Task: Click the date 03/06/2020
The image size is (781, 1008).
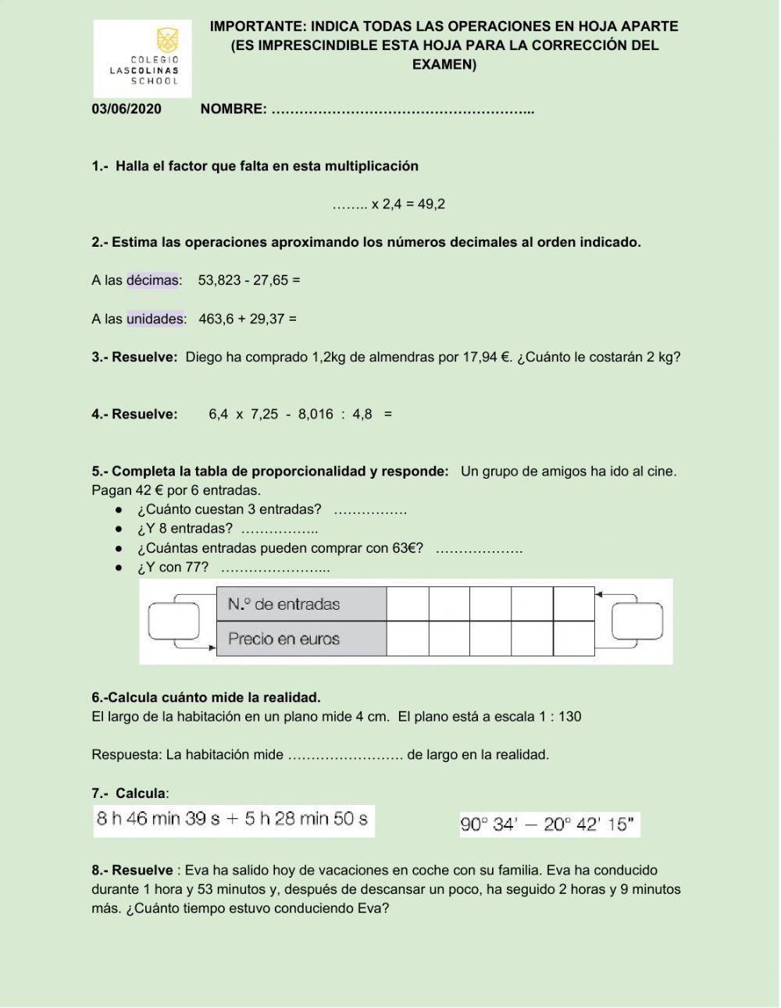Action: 127,109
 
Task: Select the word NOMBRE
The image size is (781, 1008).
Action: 233,109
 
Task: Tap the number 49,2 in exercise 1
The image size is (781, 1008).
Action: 431,204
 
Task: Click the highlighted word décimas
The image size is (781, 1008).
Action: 152,280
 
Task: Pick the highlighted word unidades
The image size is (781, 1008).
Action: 155,319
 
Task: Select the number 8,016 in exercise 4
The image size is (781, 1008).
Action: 316,414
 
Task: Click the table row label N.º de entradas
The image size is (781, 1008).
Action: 284,604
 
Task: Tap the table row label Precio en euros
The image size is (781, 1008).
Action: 284,639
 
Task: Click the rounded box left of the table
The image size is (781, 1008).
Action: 173,622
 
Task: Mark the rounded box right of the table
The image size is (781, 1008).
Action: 637,622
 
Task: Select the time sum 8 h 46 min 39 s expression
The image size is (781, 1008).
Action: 233,819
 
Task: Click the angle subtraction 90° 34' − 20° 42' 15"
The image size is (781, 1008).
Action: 549,825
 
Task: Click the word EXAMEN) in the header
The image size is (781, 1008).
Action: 444,64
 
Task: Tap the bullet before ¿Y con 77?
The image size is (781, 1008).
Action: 119,568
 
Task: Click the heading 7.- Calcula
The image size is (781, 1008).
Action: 129,793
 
